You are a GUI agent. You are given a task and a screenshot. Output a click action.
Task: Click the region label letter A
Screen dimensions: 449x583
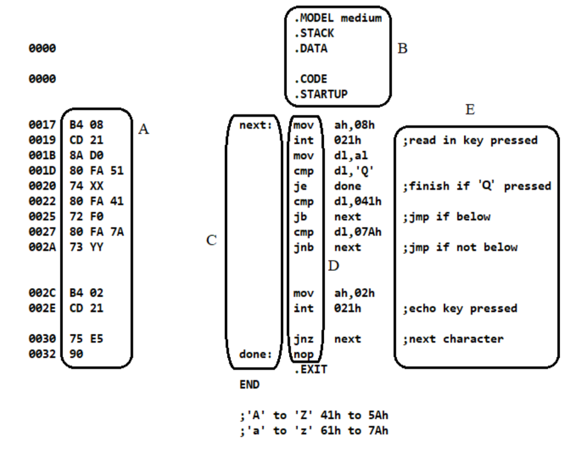(144, 130)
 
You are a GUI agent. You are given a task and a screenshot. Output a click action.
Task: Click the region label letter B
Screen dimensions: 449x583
(402, 49)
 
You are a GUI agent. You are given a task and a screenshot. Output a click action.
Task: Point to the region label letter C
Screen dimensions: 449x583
(212, 241)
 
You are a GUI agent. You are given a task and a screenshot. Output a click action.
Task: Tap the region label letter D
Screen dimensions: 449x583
(333, 266)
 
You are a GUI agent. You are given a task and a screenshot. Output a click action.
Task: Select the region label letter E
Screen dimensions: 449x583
(470, 110)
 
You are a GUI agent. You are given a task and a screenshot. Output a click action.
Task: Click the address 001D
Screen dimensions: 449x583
(42, 171)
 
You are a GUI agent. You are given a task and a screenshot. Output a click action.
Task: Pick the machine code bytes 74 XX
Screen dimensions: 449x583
(86, 186)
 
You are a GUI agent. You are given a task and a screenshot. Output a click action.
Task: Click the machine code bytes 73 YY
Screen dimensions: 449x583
(86, 247)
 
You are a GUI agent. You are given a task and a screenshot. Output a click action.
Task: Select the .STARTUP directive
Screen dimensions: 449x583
(321, 94)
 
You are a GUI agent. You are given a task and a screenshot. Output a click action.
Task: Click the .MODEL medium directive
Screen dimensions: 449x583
(338, 18)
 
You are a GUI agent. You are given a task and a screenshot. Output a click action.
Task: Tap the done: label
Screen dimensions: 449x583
(256, 355)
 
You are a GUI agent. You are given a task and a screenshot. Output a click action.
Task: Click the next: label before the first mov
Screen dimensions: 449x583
(256, 125)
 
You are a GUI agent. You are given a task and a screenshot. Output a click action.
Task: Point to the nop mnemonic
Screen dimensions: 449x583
(303, 355)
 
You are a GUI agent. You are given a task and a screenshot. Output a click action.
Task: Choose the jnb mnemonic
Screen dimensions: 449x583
(303, 247)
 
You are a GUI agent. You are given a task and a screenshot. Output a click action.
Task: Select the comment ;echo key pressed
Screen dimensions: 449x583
(460, 308)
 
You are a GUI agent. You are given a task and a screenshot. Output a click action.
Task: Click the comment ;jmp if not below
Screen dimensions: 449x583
(460, 247)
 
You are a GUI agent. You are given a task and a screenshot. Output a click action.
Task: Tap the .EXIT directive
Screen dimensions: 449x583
(310, 370)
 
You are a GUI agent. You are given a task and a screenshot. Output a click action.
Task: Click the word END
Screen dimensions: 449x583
(249, 384)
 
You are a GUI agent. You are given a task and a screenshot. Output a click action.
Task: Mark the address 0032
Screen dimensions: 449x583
(42, 355)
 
